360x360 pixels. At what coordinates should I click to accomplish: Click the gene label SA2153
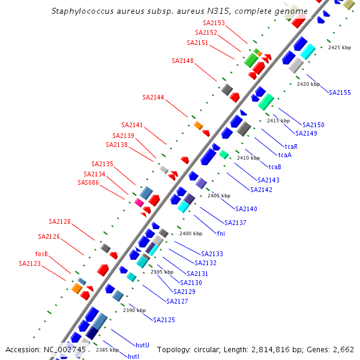[214, 23]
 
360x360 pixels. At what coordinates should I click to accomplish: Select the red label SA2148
[182, 61]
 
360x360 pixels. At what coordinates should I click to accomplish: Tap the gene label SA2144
[153, 97]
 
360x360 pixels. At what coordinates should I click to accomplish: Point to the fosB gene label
[41, 254]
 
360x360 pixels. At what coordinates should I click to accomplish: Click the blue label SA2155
[340, 92]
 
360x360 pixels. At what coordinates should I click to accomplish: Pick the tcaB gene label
[275, 167]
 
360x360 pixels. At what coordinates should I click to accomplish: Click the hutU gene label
[142, 345]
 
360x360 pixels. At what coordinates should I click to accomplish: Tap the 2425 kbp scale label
[340, 47]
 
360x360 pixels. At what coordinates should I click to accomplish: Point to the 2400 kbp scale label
[190, 233]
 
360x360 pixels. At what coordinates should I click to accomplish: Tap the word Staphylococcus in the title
[81, 11]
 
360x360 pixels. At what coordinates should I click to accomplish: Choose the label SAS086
[88, 182]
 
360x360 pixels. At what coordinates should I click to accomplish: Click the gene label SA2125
[164, 320]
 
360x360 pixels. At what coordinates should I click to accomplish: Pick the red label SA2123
[29, 263]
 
